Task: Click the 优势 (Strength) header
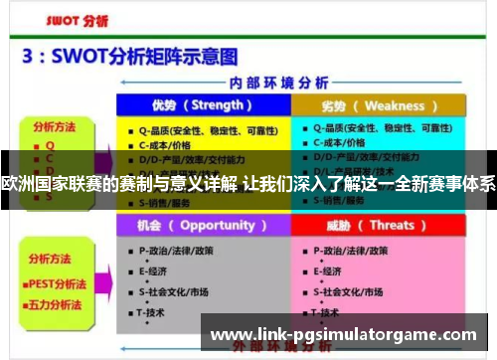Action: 202,105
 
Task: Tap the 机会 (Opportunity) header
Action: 202,225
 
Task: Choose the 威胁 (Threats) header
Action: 378,225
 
